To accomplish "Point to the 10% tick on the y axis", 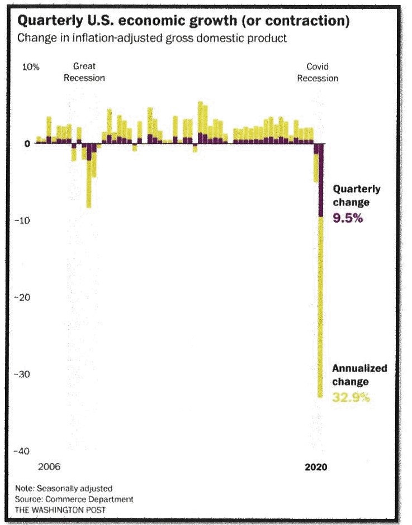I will [31, 67].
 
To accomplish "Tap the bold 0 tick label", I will [27, 144].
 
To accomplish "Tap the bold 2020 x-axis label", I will [316, 467].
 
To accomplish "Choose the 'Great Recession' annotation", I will [84, 72].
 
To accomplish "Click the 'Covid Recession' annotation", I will [318, 73].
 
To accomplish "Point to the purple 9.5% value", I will [348, 218].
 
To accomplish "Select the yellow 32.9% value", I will [351, 398].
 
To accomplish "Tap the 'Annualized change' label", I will [359, 375].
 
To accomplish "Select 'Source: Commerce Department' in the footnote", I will [74, 499].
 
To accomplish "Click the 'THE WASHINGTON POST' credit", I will [60, 509].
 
